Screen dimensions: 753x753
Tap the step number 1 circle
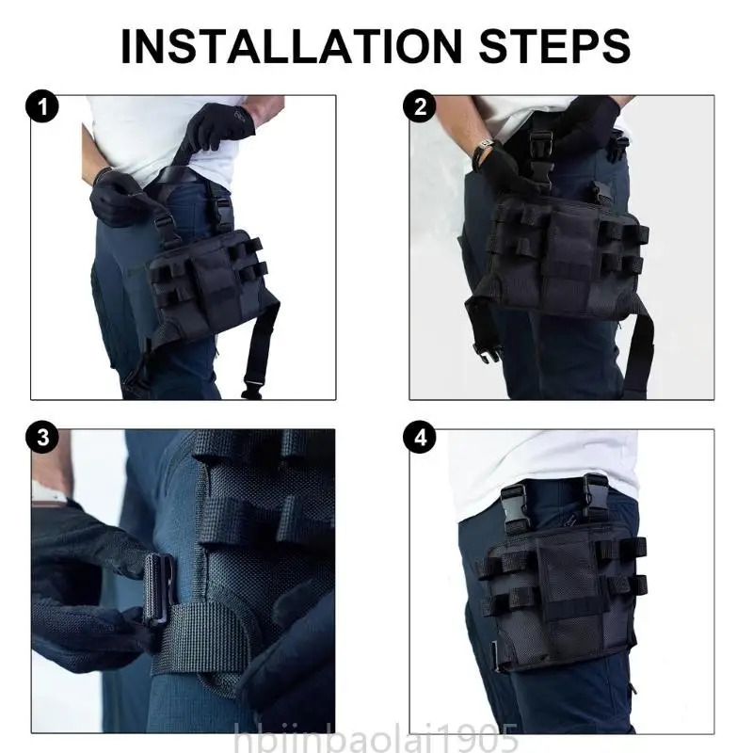point(41,108)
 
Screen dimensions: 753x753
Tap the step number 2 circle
point(420,108)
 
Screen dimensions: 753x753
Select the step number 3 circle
point(41,439)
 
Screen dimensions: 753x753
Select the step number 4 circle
point(420,439)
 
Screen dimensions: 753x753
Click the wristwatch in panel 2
point(483,151)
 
